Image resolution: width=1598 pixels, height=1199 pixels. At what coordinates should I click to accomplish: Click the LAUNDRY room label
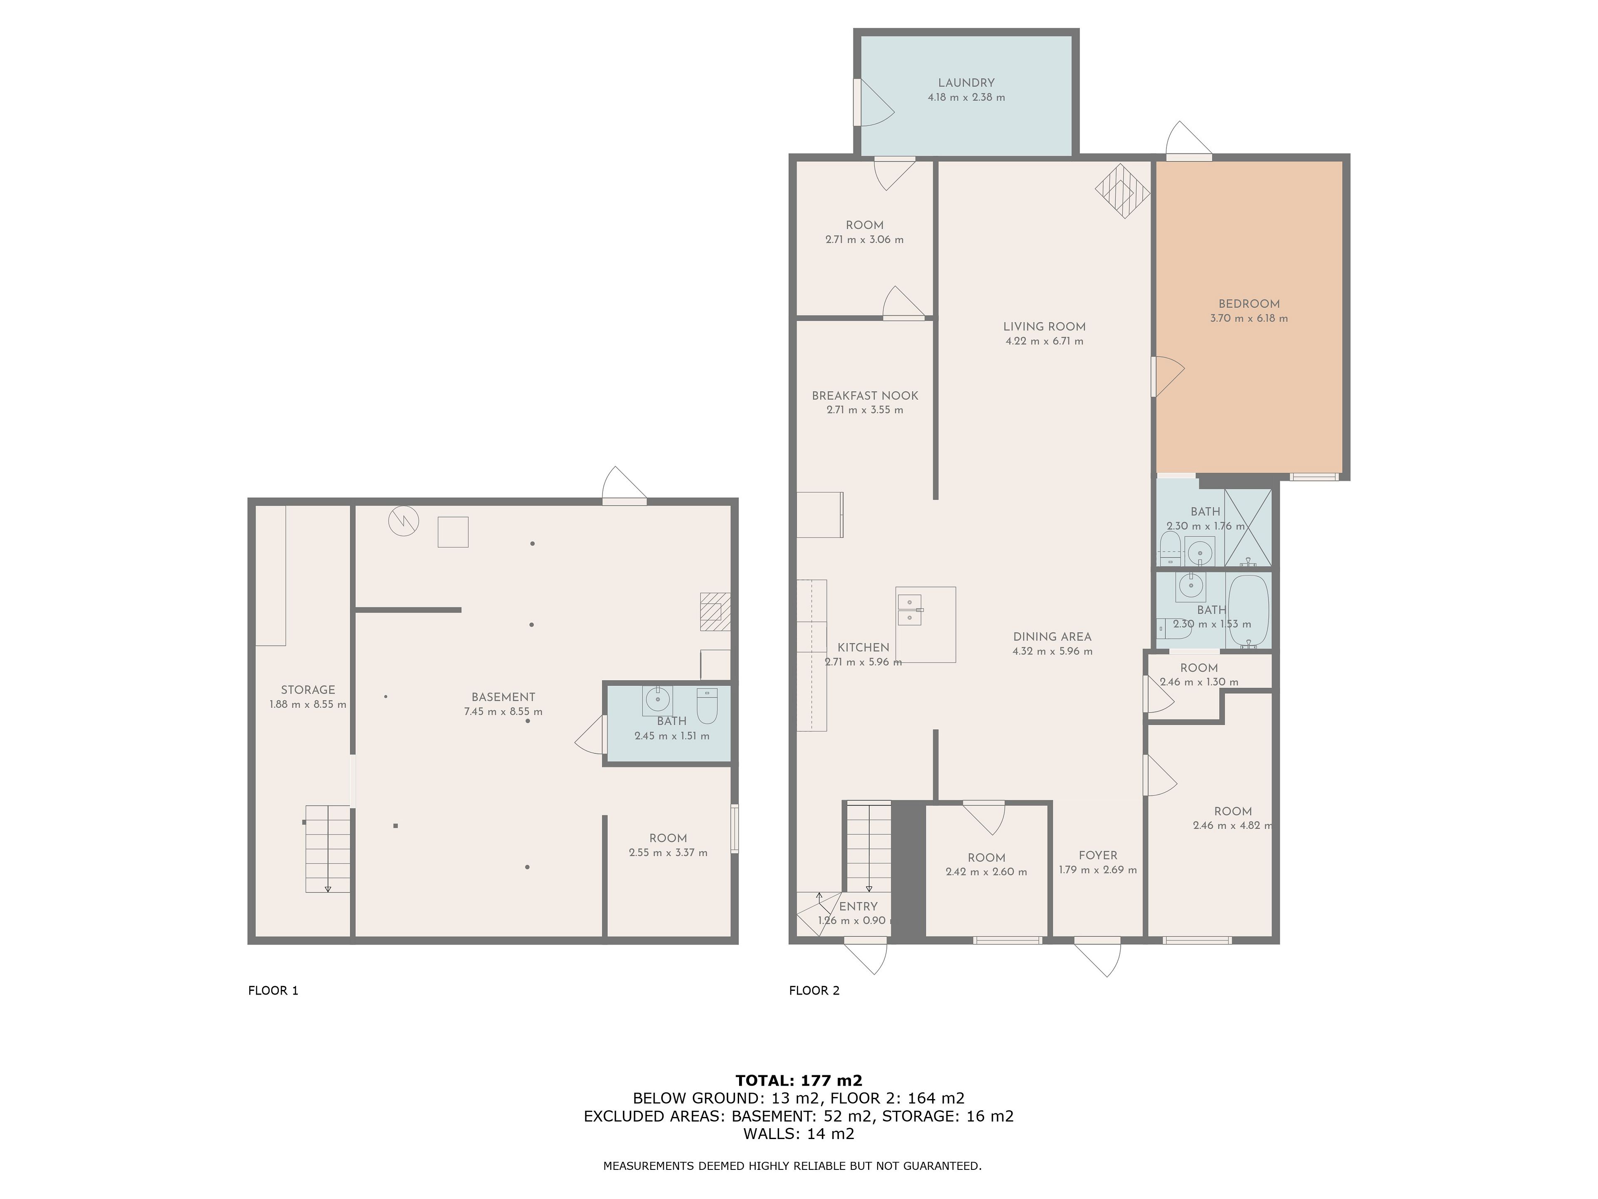pos(966,83)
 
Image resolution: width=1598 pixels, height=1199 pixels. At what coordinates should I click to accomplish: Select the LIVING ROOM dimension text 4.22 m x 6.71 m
pos(1044,341)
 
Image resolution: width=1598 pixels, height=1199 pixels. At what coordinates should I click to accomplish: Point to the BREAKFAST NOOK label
pos(865,396)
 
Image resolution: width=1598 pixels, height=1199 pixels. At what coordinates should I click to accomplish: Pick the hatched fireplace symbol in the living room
pos(1122,191)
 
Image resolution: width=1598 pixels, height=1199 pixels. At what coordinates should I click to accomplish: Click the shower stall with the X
pos(1248,527)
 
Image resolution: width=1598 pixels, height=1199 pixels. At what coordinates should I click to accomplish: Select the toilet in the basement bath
pos(707,705)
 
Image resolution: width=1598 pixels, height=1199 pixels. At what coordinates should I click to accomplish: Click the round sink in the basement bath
pos(658,699)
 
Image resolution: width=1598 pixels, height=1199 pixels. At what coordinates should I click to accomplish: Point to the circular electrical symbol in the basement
pos(403,521)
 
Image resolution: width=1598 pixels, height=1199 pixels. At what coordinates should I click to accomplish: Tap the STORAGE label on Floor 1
pos(308,690)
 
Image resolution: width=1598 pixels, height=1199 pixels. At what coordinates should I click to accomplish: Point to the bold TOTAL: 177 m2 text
pos(799,1080)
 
